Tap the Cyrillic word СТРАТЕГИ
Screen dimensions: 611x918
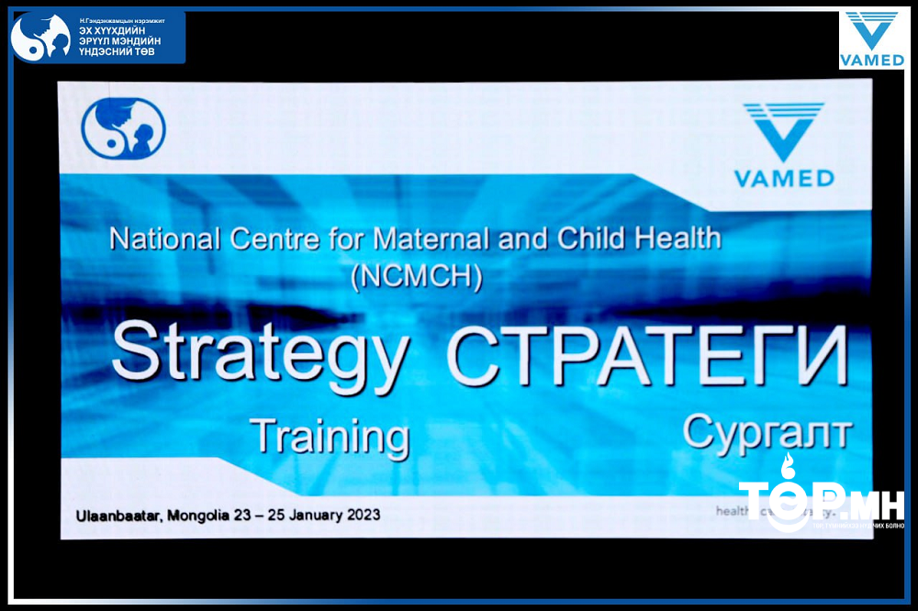pyautogui.click(x=646, y=353)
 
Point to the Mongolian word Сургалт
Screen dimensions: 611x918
pyautogui.click(x=767, y=430)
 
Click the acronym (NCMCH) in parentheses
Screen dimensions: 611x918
pyautogui.click(x=416, y=276)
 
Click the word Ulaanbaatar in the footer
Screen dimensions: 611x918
pyautogui.click(x=118, y=515)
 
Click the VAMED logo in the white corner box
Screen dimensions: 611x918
pyautogui.click(x=871, y=40)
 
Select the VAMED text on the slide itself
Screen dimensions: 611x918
pyautogui.click(x=783, y=178)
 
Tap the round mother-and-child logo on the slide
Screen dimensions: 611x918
pyautogui.click(x=123, y=129)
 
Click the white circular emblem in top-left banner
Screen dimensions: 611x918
pyautogui.click(x=40, y=38)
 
